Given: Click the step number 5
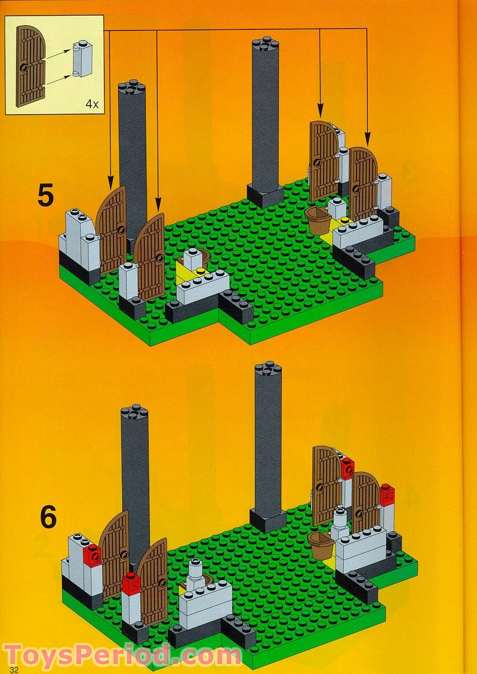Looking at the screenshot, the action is coord(45,195).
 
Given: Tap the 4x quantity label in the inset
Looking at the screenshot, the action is coord(92,103).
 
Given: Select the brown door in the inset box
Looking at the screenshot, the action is coord(30,66).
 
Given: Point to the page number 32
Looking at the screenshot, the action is coord(14,669).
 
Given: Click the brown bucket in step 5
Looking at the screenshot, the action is coord(319,221).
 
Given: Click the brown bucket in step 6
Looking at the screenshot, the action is coord(321,544).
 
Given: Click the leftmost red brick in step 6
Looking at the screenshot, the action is coord(93,556).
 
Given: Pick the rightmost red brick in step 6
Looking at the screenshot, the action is coord(387,494).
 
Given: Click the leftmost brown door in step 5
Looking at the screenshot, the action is coord(110,231).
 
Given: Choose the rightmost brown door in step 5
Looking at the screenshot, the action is coord(363,183).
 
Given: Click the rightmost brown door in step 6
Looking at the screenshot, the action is coord(366,502).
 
